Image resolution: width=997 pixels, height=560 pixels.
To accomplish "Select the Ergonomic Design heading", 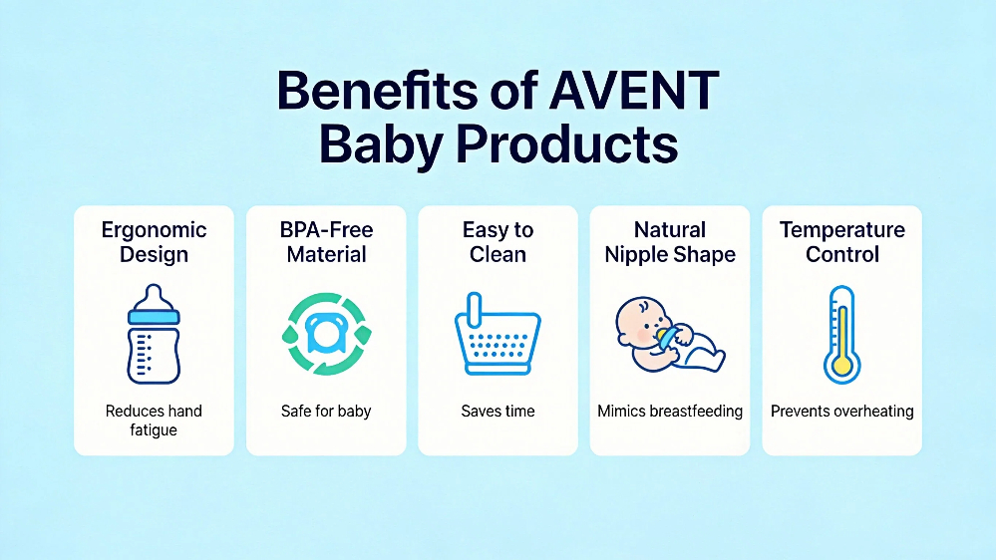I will [155, 241].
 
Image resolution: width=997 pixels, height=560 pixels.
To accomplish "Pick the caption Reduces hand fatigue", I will [154, 420].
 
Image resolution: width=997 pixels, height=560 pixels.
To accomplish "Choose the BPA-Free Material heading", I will [326, 241].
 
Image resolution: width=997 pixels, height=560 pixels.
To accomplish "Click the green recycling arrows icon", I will [326, 334].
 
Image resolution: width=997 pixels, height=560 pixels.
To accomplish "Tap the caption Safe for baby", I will [326, 411].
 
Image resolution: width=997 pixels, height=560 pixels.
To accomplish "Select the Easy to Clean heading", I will [498, 241].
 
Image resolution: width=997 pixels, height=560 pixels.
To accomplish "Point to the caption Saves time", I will [498, 411].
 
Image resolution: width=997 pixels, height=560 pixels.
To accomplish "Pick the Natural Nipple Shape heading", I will [670, 241].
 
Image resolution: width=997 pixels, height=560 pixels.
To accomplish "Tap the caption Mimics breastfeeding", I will [670, 411].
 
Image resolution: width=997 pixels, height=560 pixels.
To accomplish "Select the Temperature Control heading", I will [842, 241].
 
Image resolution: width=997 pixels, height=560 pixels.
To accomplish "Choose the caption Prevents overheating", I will [842, 411].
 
